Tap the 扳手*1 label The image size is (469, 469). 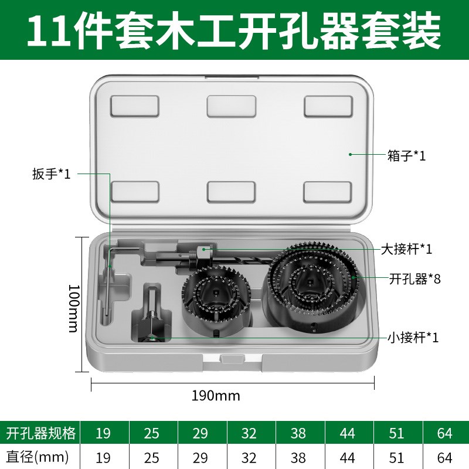tap(52, 174)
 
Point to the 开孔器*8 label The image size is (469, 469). tap(414, 278)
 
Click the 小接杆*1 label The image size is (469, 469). tap(413, 338)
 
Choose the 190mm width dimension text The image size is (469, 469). tap(216, 396)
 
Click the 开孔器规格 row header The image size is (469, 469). tap(40, 434)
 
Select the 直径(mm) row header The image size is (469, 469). tap(38, 456)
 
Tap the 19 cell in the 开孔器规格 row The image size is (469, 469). tap(104, 434)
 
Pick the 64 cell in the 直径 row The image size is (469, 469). tap(444, 456)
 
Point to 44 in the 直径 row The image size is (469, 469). tap(348, 456)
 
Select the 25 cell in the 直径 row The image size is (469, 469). tap(152, 456)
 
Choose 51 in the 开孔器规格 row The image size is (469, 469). tap(396, 434)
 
